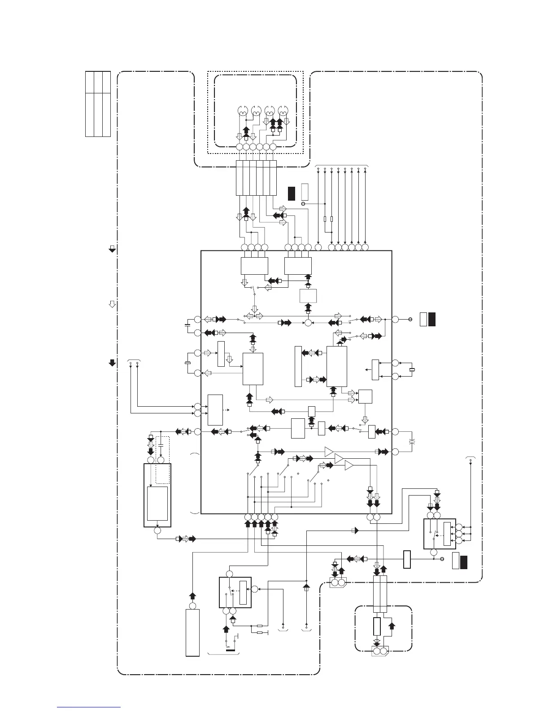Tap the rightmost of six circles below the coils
click(273, 147)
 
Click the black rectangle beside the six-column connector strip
click(291, 192)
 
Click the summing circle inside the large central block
click(308, 322)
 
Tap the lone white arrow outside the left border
click(112, 305)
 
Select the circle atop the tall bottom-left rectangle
click(192, 606)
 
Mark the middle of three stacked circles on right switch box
click(459, 533)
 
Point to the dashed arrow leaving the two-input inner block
click(228, 410)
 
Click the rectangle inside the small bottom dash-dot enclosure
click(377, 626)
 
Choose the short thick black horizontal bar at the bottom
click(231, 649)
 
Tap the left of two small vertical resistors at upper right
click(324, 219)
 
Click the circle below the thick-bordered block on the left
click(157, 531)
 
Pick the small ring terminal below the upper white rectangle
click(303, 204)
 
